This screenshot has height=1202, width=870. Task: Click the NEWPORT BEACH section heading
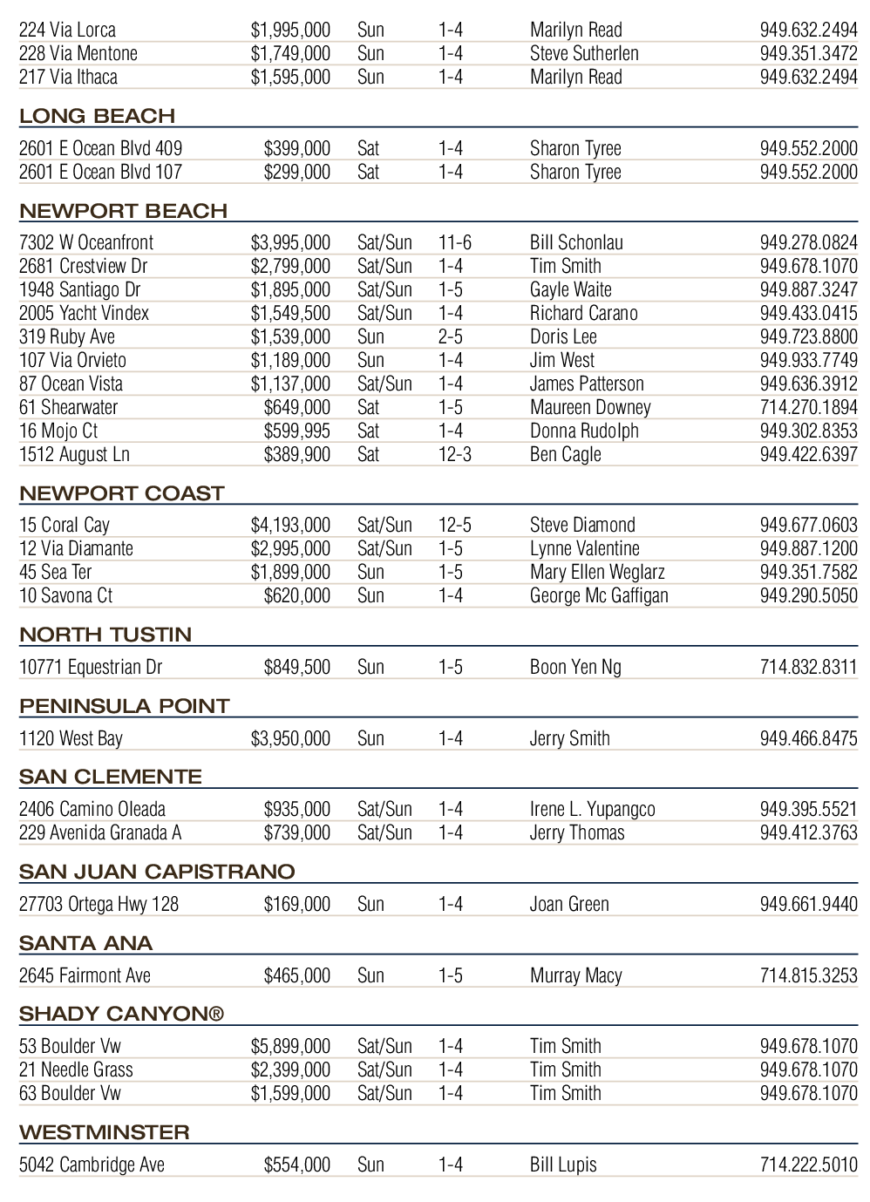123,211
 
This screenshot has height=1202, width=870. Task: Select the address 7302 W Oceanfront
85,242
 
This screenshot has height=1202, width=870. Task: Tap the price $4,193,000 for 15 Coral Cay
290,525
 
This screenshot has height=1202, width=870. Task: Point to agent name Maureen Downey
590,407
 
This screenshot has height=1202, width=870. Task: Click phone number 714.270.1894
808,407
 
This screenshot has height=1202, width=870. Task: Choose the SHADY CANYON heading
121,1014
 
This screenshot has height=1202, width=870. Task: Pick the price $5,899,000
290,1046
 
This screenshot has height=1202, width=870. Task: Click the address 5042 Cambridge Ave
92,1165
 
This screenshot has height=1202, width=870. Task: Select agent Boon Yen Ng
575,667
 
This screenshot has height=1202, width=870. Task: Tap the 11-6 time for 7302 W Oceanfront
454,242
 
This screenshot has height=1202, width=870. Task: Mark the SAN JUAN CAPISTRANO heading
157,872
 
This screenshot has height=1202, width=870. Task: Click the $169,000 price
296,904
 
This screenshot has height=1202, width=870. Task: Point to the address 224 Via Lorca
67,30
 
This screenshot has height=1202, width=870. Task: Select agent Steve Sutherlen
584,53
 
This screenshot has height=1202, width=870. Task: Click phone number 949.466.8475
808,738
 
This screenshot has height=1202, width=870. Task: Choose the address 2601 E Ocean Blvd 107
100,172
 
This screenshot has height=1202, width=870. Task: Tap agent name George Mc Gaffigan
599,595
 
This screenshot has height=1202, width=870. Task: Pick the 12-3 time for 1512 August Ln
454,454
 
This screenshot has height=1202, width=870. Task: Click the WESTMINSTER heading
105,1132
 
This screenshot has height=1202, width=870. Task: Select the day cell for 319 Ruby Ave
370,336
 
